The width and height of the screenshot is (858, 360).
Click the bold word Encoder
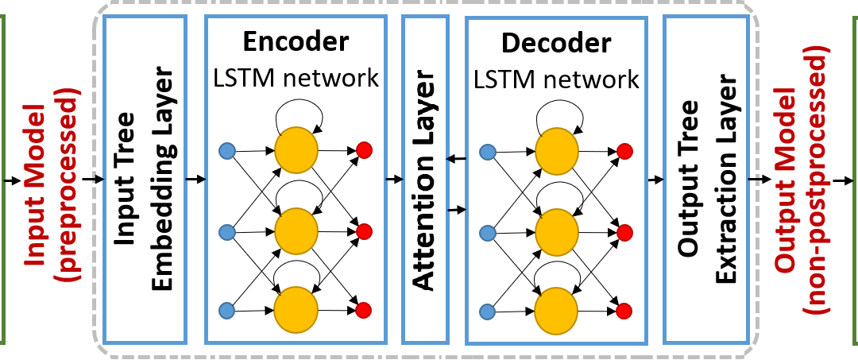tap(296, 41)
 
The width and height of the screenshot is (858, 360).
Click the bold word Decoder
tap(556, 43)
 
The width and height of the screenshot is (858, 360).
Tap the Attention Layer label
tap(425, 180)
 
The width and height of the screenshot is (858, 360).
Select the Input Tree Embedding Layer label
tap(145, 180)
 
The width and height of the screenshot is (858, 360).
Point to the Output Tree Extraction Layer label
tap(706, 180)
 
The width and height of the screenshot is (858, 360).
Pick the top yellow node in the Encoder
tap(296, 150)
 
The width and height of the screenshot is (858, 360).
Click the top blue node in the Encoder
tap(226, 150)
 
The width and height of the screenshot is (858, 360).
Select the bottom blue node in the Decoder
tap(487, 312)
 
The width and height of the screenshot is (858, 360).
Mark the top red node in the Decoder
tap(624, 151)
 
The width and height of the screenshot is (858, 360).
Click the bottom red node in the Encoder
tap(364, 310)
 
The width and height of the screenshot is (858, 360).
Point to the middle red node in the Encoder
tap(364, 231)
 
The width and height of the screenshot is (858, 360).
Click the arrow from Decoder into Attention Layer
tap(456, 159)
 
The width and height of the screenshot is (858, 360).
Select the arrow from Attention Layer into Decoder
tap(456, 209)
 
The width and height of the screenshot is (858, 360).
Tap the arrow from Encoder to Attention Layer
tap(394, 179)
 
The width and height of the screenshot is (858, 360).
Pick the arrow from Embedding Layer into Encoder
tap(196, 179)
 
